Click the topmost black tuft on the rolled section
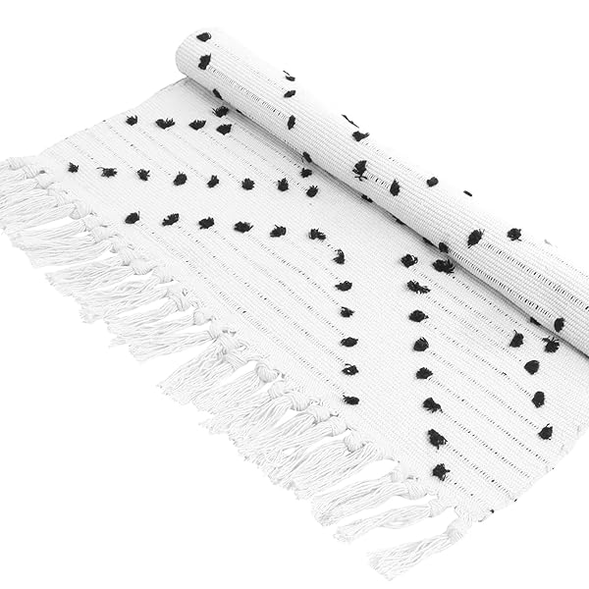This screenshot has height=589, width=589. tap(203, 37)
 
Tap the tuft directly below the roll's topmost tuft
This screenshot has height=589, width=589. tap(204, 62)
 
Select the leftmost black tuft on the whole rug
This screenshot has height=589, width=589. tap(73, 168)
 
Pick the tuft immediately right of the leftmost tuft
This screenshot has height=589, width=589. tap(107, 172)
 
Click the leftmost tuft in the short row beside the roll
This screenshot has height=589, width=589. tap(132, 120)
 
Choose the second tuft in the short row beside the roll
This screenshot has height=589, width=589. tap(164, 124)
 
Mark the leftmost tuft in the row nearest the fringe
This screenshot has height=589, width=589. tap(131, 218)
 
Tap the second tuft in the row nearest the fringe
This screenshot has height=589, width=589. tap(169, 220)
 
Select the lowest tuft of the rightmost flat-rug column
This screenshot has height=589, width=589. tap(545, 432)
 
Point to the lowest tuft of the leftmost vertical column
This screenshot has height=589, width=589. tap(350, 400)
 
